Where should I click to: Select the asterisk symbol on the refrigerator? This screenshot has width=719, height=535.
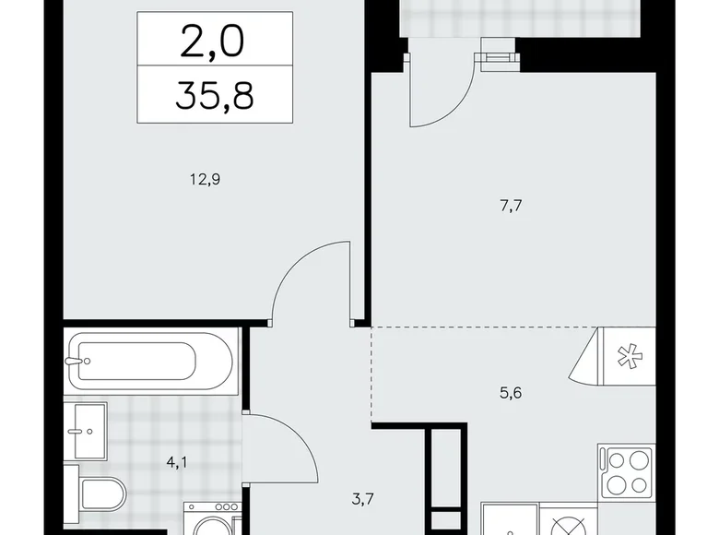click(626, 355)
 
